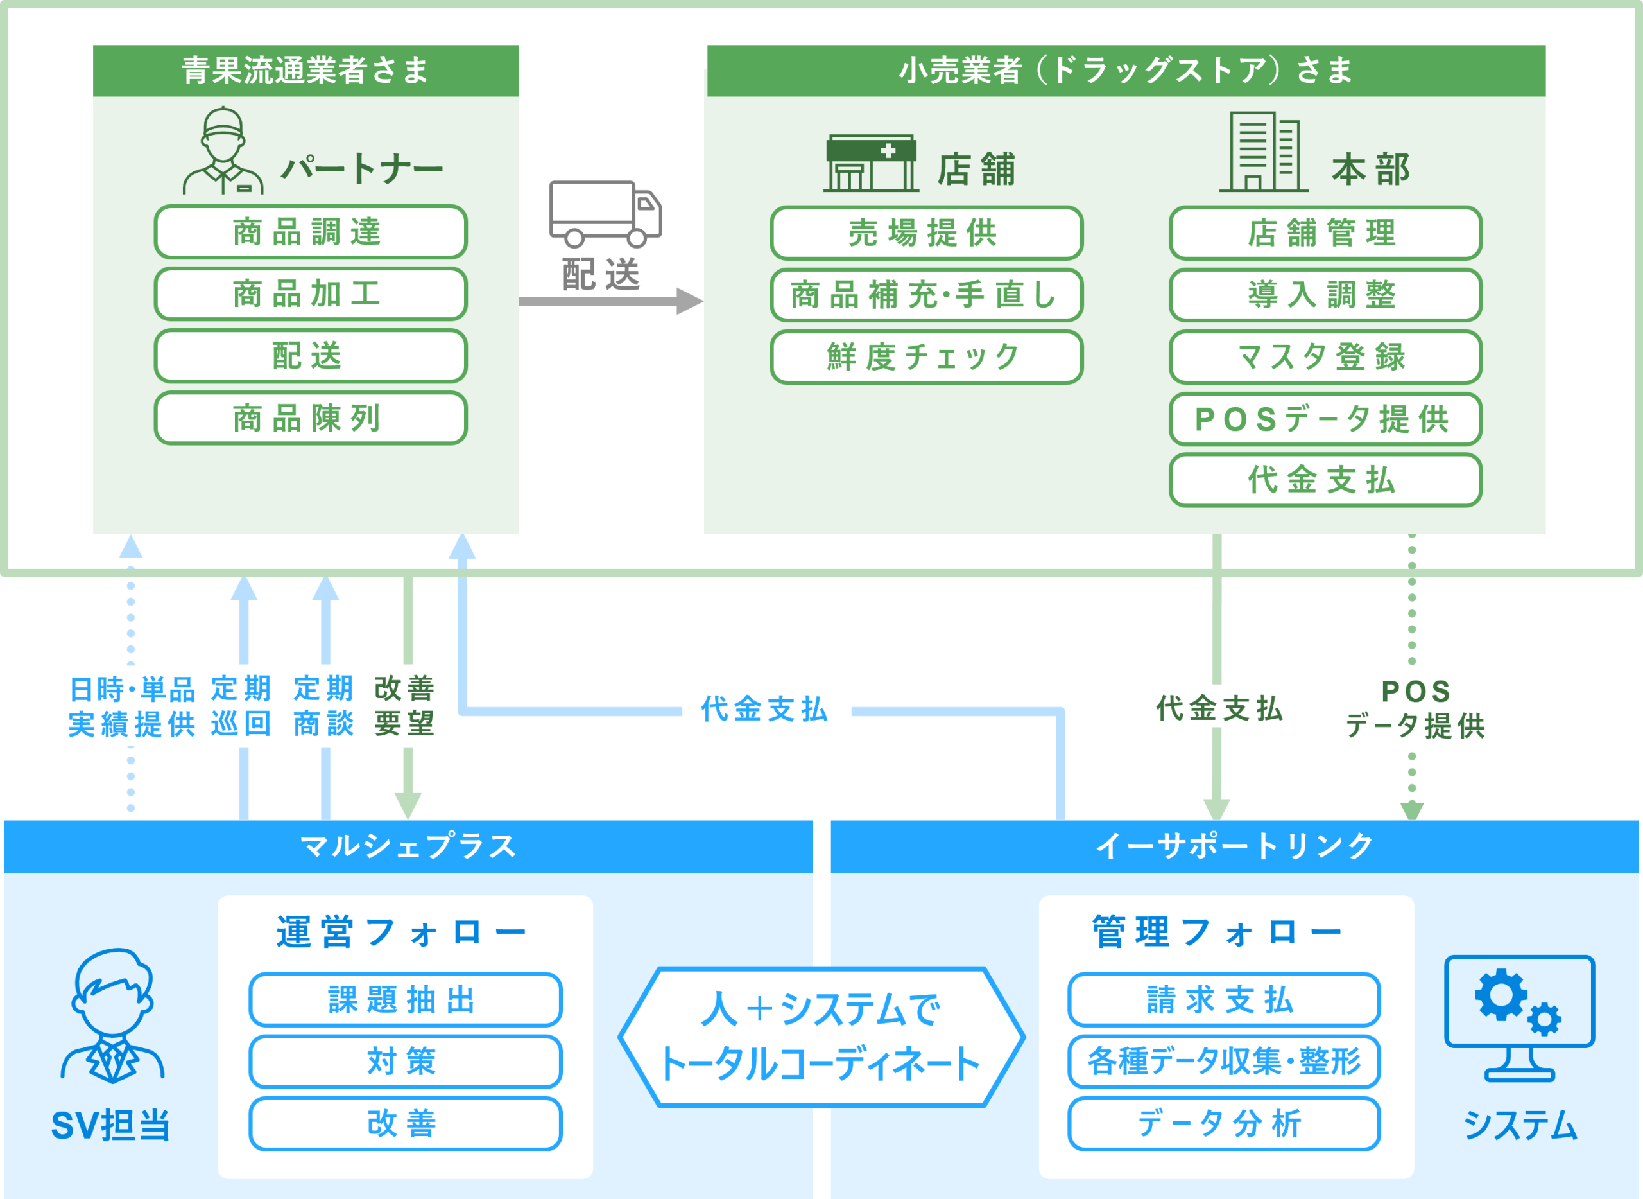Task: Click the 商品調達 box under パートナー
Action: click(311, 232)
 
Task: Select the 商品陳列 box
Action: click(311, 419)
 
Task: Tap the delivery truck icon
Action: click(605, 213)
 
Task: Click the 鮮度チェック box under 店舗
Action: click(925, 357)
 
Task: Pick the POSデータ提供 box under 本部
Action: click(1325, 419)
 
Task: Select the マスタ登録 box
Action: click(1325, 357)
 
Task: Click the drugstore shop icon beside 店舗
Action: click(870, 163)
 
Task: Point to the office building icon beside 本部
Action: click(1264, 152)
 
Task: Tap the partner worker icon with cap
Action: click(223, 152)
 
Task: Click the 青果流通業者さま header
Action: click(305, 71)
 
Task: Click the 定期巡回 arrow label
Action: click(243, 706)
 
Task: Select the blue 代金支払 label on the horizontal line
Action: click(766, 708)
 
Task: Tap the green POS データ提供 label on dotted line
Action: click(1416, 706)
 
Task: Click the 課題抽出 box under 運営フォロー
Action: click(405, 999)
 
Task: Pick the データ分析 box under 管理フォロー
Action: click(1223, 1123)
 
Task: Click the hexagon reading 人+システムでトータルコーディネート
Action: click(821, 1037)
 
